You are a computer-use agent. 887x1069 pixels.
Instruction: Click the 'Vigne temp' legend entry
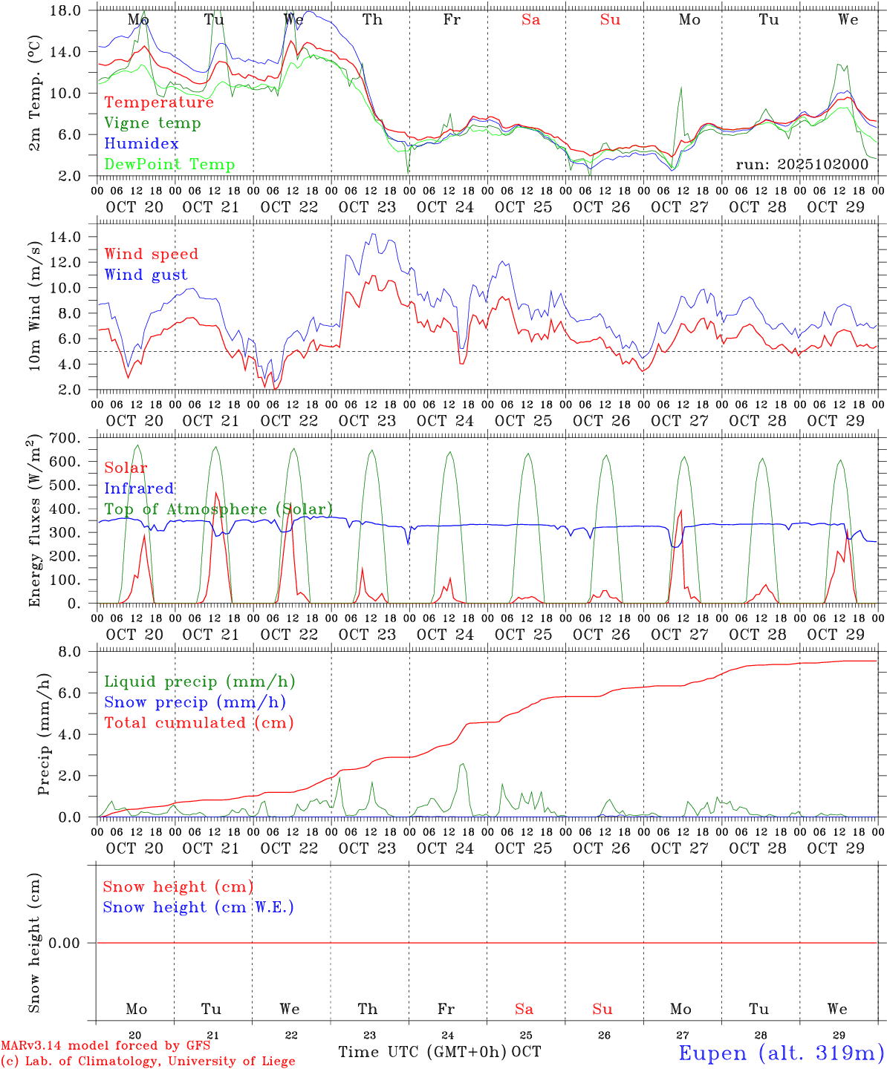point(152,123)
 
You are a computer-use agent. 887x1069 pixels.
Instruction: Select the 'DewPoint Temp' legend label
point(169,165)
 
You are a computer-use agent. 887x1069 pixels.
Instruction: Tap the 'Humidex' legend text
point(141,144)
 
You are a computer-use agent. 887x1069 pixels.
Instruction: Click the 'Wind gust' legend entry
point(146,275)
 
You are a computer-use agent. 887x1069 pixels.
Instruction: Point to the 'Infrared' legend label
point(139,488)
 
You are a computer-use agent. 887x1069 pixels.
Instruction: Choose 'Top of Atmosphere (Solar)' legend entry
point(218,509)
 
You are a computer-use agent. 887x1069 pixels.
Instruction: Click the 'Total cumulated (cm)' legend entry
point(199,723)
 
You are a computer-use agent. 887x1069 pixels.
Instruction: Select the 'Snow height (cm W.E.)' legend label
point(198,907)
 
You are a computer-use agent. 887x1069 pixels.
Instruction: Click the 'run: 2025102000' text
point(802,165)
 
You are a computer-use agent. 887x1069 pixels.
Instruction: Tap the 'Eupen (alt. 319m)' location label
point(780,1053)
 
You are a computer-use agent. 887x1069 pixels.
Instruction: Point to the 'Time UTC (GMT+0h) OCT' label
point(440,1052)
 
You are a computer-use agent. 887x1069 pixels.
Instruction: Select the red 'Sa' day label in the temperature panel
point(530,20)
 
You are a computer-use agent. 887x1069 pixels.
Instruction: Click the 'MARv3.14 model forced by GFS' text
point(105,1046)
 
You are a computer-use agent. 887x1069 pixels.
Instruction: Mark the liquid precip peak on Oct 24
point(462,764)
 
